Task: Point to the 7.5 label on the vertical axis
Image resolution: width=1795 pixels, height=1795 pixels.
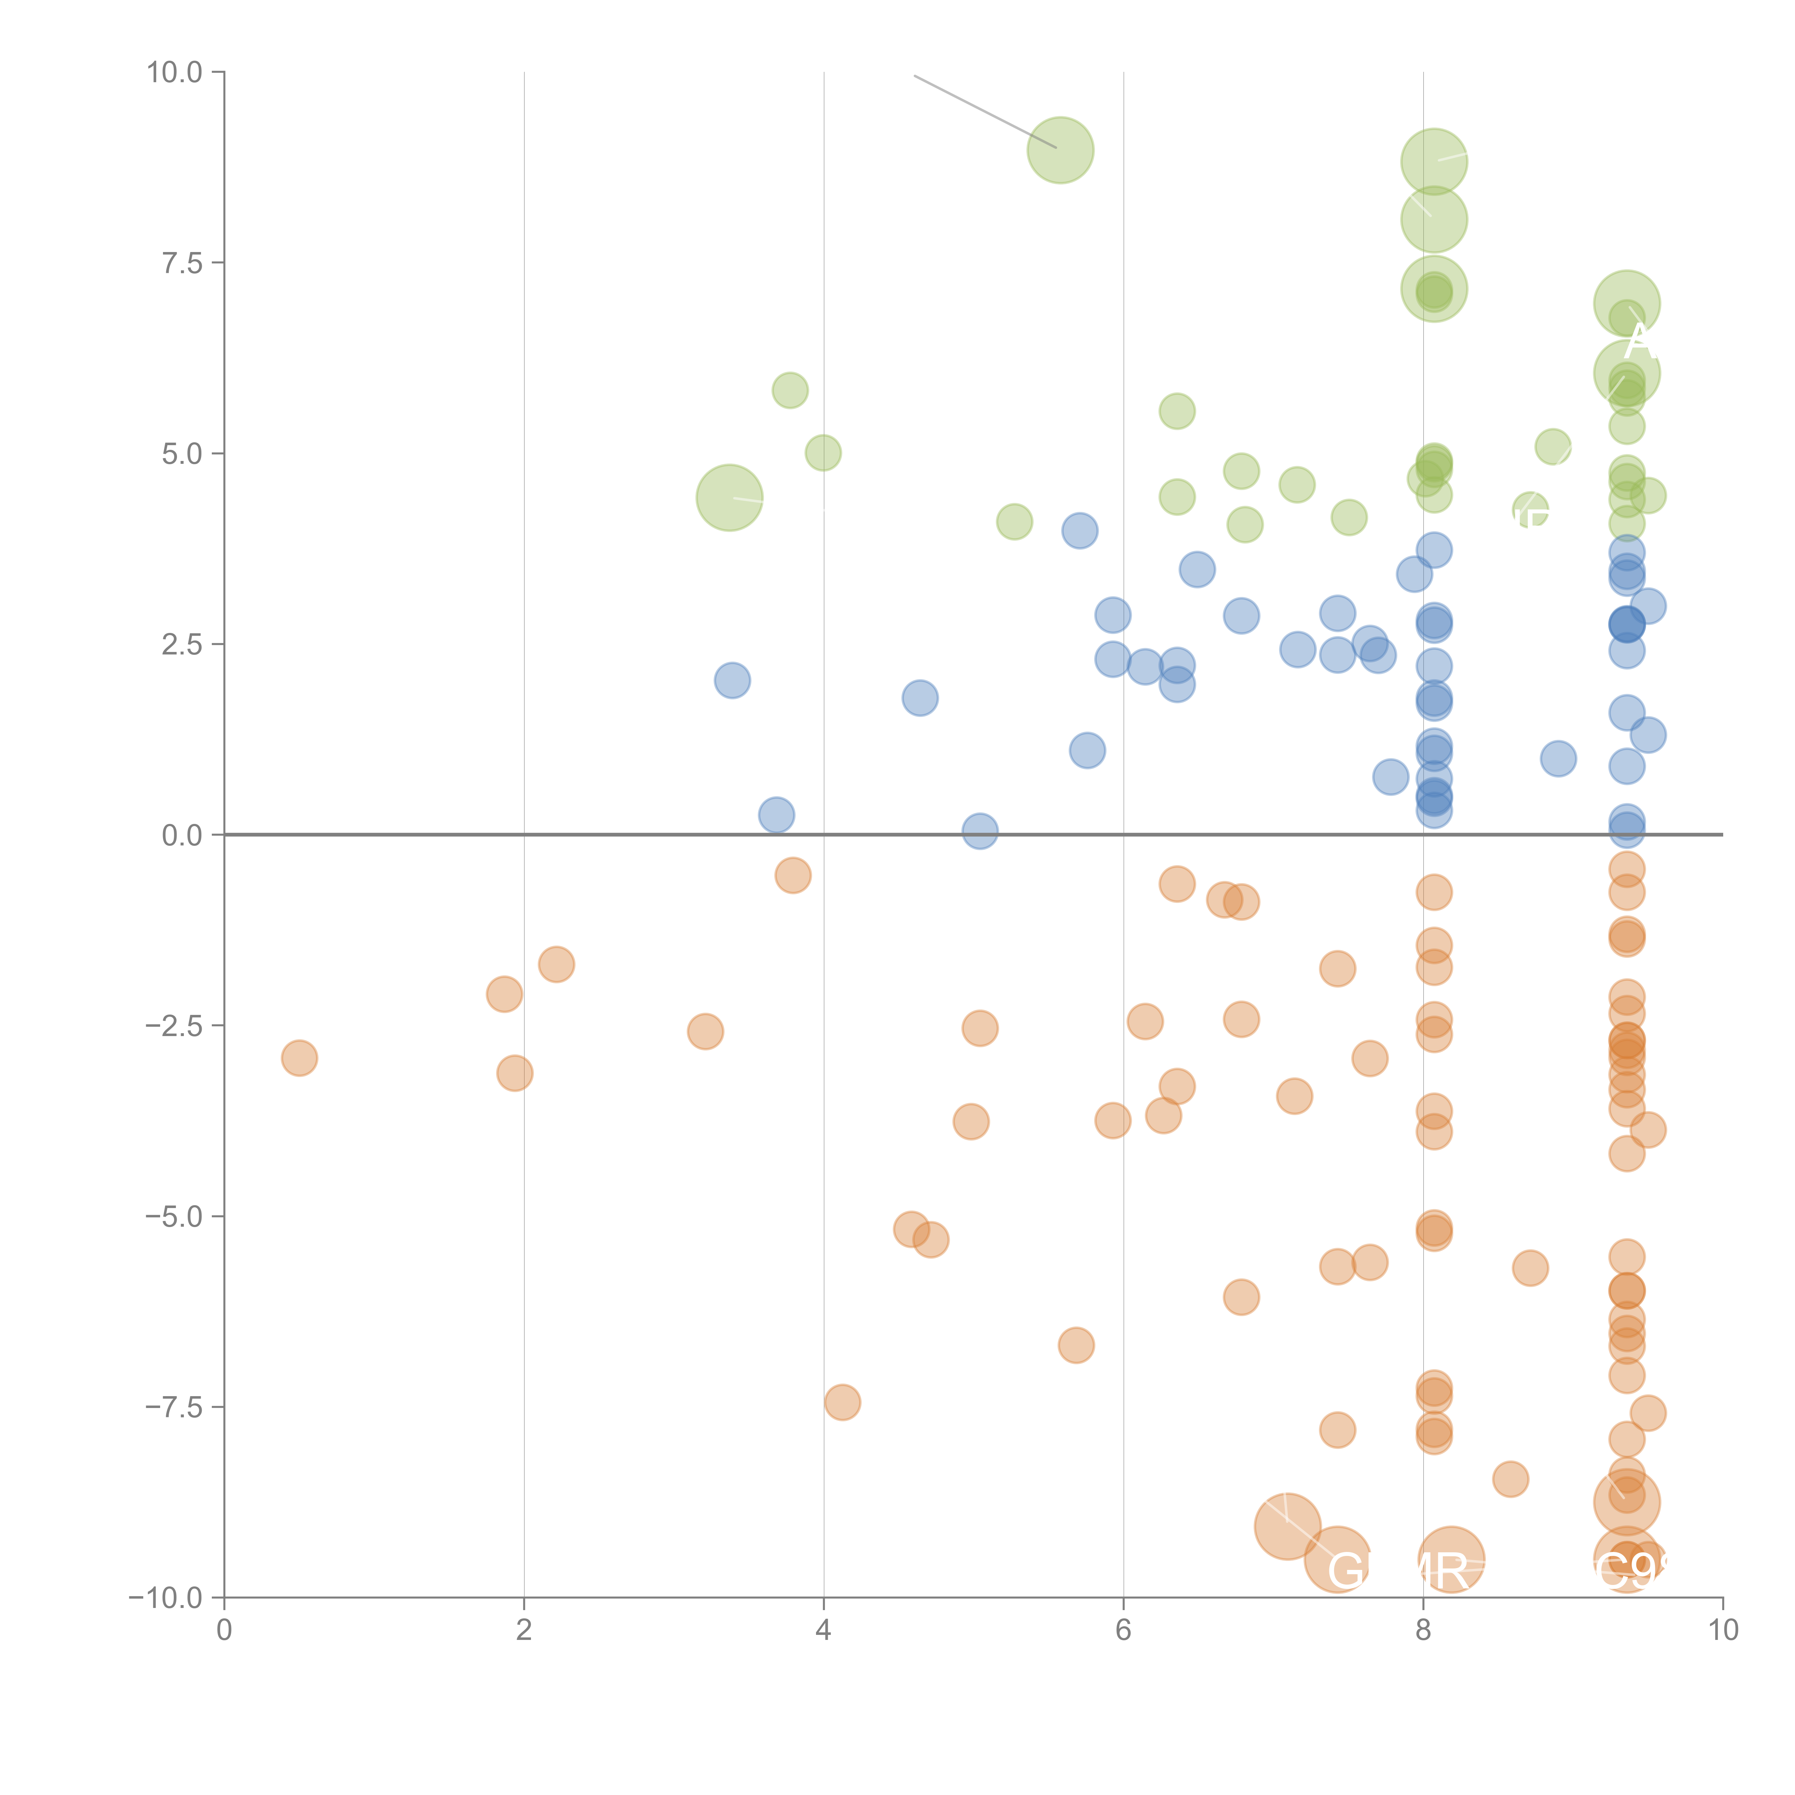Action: (182, 263)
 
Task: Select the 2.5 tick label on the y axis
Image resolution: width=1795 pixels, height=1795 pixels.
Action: (182, 644)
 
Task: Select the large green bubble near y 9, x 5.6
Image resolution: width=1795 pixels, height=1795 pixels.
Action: (1060, 150)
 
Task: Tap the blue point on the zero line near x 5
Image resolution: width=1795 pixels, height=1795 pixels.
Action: (979, 831)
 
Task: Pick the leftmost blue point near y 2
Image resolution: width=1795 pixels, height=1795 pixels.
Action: (732, 680)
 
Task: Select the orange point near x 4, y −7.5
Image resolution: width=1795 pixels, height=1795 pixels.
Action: (842, 1402)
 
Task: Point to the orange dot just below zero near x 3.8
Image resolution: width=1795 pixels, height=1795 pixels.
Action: (793, 875)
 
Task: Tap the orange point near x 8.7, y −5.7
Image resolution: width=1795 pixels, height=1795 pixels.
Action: (1530, 1268)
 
